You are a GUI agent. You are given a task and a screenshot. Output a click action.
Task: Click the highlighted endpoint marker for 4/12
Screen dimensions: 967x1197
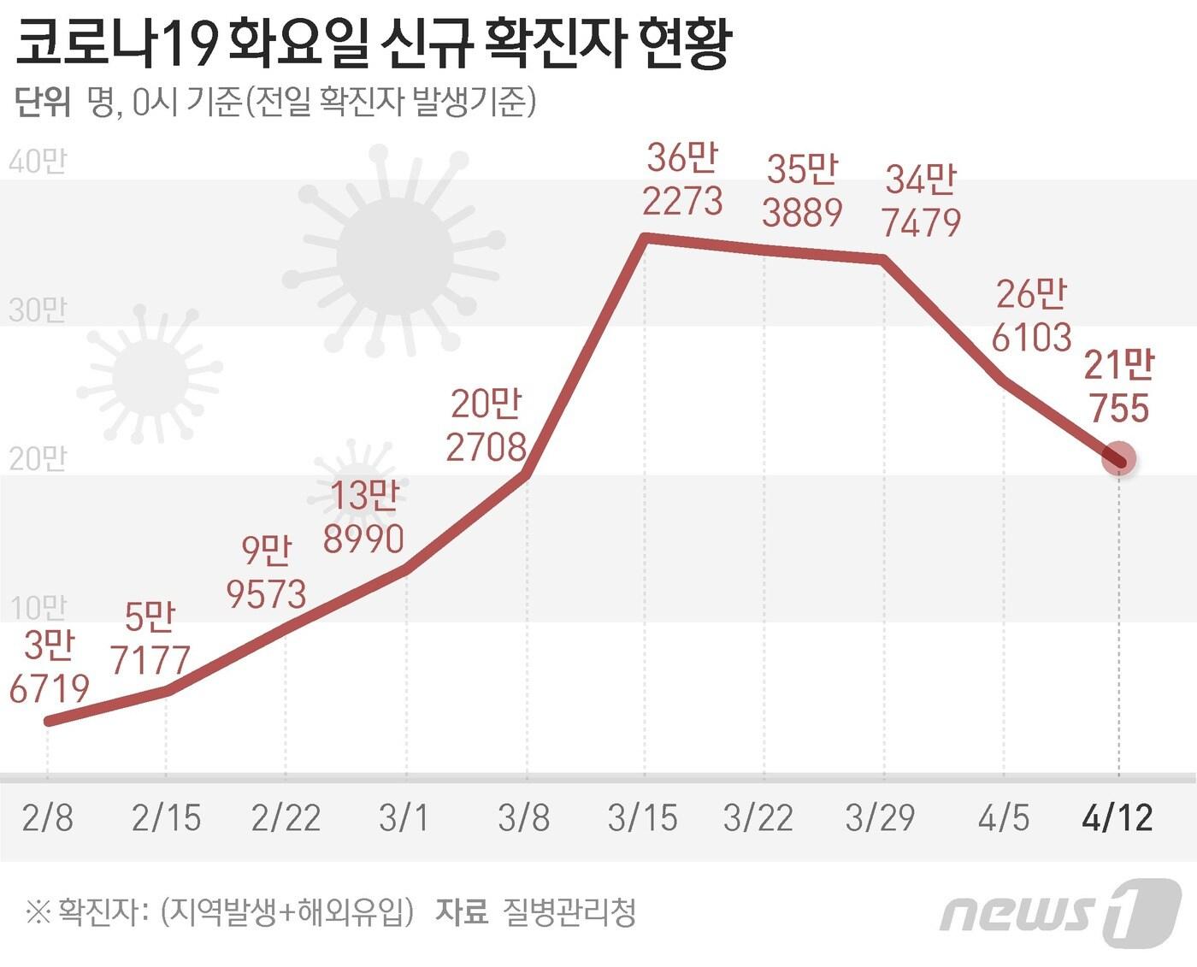1118,459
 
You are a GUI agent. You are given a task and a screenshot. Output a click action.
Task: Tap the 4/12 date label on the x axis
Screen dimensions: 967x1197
1117,818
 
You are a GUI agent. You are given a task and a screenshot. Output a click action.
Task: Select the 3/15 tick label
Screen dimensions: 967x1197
643,818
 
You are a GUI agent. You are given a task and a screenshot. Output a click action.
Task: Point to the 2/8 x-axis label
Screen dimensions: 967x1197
48,818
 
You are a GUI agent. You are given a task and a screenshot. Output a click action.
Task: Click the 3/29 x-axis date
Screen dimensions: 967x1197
880,818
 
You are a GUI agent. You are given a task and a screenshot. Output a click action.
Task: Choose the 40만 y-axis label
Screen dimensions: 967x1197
38,162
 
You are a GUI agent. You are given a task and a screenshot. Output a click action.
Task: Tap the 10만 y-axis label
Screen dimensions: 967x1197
38,608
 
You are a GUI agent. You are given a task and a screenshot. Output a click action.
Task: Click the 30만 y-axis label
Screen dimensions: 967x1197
38,310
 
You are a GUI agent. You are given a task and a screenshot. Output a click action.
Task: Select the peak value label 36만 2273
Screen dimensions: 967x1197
682,180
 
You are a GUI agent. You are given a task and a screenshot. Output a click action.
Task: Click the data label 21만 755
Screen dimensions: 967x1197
1118,386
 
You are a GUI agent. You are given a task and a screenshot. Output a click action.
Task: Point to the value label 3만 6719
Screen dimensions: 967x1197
50,667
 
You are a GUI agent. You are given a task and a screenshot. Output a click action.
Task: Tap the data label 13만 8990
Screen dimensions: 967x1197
364,517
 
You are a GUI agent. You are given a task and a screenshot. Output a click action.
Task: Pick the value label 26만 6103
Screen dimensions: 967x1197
1032,315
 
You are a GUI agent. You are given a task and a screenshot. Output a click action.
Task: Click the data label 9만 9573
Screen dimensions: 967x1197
267,572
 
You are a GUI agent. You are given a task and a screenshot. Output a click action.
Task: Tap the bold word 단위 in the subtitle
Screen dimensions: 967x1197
43,103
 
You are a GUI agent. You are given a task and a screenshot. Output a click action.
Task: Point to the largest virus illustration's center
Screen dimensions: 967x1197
394,256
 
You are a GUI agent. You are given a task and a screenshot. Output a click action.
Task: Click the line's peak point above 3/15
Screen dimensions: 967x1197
646,239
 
